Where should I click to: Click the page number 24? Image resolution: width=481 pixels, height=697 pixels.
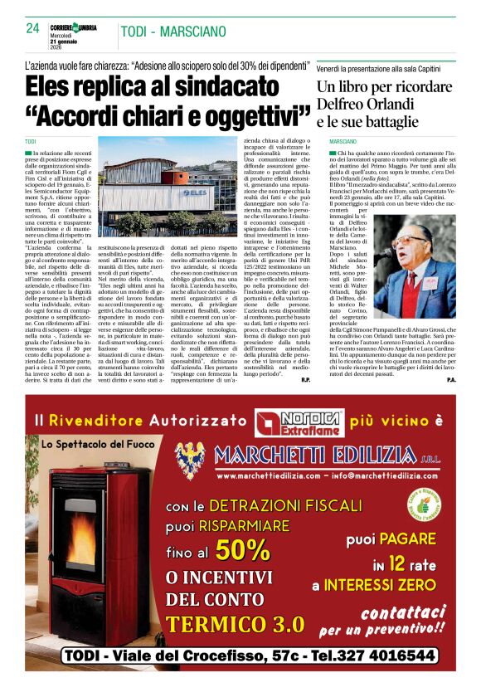tap(33, 27)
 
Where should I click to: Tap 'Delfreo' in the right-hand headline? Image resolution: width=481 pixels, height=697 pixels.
tap(344, 105)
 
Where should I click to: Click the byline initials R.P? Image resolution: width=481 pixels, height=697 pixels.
tap(305, 380)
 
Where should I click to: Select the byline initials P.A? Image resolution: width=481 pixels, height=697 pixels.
tap(450, 380)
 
